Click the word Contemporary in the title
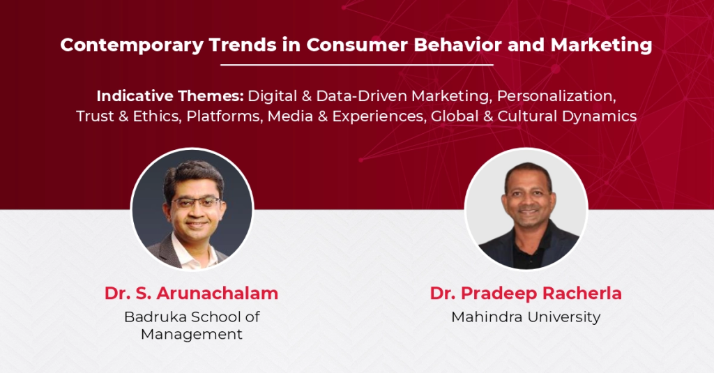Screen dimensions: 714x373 (132, 45)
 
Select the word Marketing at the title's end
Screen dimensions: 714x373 (602, 45)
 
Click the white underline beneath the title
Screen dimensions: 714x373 (357, 65)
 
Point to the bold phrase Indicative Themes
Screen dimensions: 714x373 (170, 96)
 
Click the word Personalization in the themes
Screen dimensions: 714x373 (556, 96)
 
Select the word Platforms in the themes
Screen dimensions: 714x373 (225, 116)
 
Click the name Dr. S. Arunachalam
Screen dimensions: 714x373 (191, 294)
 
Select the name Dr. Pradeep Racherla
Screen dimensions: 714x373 (526, 294)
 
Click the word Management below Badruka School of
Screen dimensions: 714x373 (191, 334)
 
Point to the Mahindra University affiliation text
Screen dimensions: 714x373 (526, 317)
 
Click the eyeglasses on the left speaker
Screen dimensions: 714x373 (196, 203)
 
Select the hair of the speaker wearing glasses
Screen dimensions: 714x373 (194, 175)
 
